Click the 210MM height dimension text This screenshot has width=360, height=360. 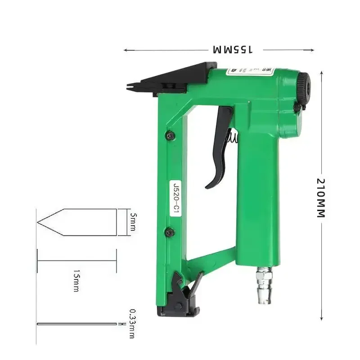pyautogui.click(x=320, y=198)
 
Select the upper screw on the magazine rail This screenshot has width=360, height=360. pyautogui.click(x=169, y=135)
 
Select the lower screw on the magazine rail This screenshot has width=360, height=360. pyautogui.click(x=169, y=232)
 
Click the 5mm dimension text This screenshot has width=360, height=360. pyautogui.click(x=132, y=222)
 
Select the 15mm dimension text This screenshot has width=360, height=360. pyautogui.click(x=76, y=281)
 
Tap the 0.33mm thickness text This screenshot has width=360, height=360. pyautogui.click(x=132, y=324)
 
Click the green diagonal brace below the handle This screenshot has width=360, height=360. pyautogui.click(x=211, y=261)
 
